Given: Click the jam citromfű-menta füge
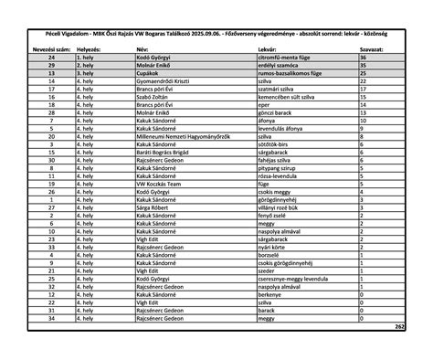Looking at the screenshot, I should tap(288, 57).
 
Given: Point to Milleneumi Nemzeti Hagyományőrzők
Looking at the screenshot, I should tap(179, 136).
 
